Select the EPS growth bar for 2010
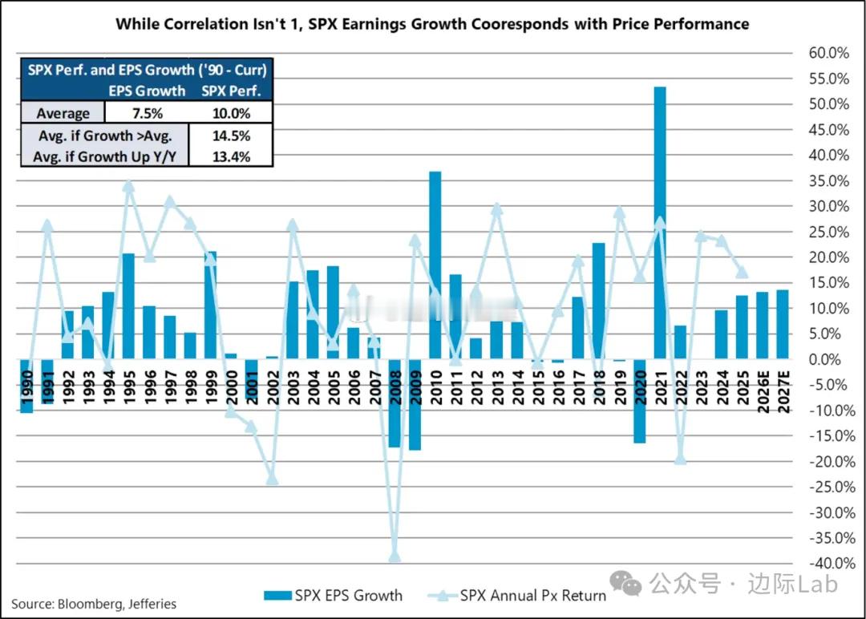coord(435,265)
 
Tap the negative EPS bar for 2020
coord(639,401)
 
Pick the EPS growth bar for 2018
coord(598,301)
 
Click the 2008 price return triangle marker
coord(395,556)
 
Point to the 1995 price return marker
coord(128,186)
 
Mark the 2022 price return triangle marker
coord(680,458)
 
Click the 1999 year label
coord(210,382)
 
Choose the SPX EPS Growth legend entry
coord(333,595)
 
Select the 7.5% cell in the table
coord(148,113)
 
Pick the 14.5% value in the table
coord(229,135)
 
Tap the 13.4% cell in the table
coord(229,156)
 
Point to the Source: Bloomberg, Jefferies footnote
coord(94,604)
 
